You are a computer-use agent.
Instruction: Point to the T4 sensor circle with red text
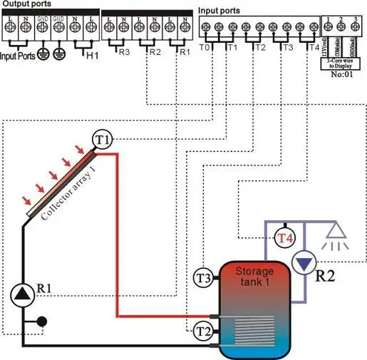[286, 238]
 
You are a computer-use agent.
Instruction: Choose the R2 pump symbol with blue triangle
[305, 263]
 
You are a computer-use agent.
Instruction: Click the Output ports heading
[28, 4]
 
